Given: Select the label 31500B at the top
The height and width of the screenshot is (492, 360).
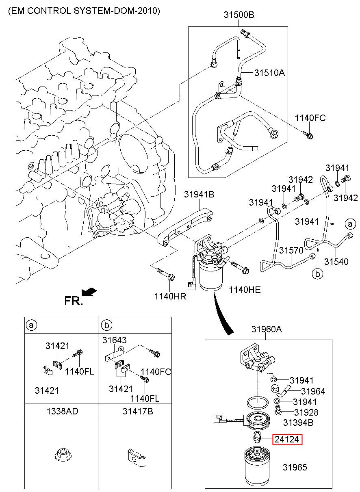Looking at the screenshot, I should point(239,15).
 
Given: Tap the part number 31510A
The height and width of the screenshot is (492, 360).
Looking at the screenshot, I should point(269,73).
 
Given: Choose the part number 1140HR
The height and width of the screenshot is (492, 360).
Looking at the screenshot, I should point(170,296).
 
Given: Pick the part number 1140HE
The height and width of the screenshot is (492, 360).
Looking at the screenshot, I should point(245,290).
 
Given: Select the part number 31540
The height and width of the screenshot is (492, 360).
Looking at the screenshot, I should point(336,262).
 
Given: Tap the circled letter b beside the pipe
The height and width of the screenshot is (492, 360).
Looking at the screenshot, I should point(318,274).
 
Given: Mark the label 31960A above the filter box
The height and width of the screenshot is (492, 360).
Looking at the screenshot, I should point(266,329).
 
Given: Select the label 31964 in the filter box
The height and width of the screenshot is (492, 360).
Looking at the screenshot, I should point(313,391).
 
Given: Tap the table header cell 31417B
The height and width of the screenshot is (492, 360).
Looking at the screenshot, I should point(138,411).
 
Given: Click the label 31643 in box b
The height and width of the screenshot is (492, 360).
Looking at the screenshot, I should point(115,340).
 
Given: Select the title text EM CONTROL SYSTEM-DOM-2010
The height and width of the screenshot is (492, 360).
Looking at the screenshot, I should point(84,11).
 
